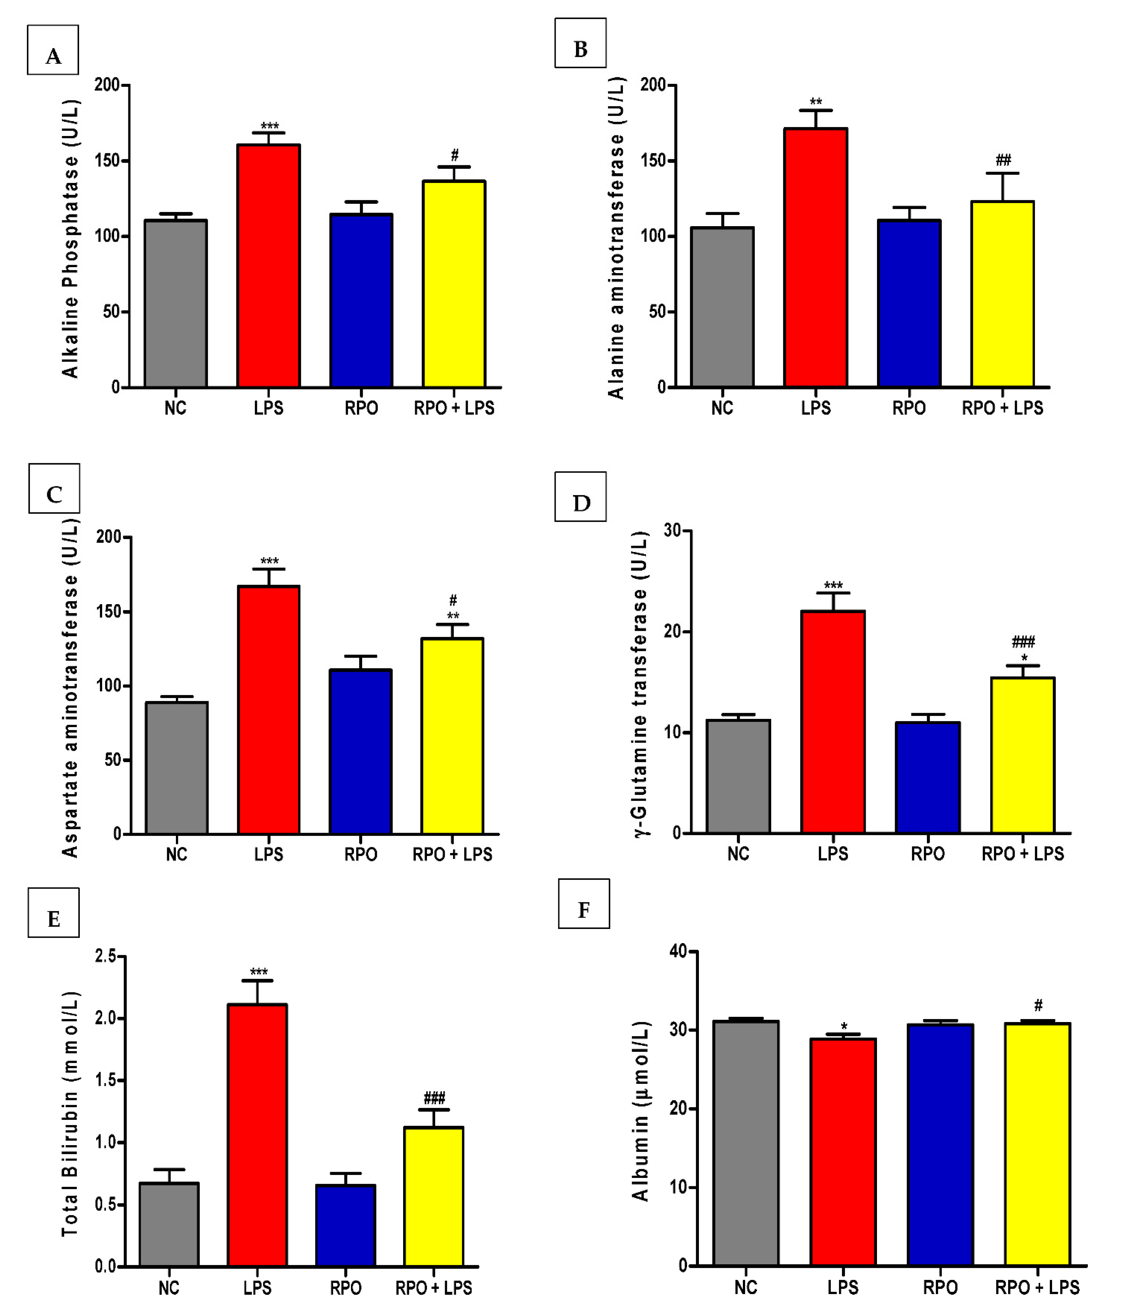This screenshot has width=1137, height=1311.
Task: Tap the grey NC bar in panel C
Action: point(176,768)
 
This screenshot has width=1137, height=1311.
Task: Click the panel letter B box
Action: point(580,43)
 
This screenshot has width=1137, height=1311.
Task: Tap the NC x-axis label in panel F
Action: point(746,1288)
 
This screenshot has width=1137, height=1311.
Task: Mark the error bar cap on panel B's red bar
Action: point(816,110)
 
